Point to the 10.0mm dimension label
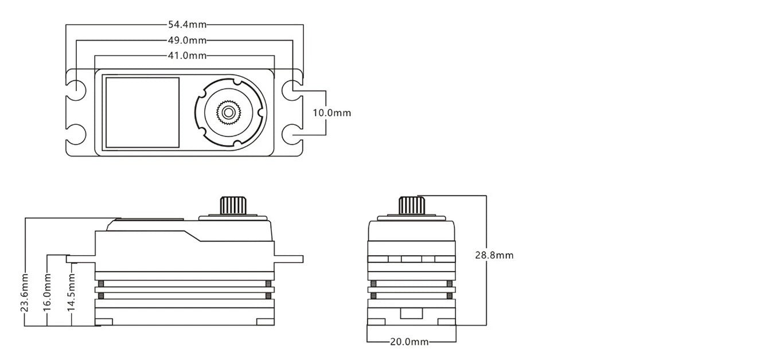point(331,113)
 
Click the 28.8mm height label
point(494,255)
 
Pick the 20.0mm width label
point(409,342)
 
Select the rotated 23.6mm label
point(25,292)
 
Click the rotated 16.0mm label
point(48,292)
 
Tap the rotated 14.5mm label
point(71,292)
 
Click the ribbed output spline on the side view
point(232,205)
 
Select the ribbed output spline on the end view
point(411,205)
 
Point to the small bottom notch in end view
point(411,314)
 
